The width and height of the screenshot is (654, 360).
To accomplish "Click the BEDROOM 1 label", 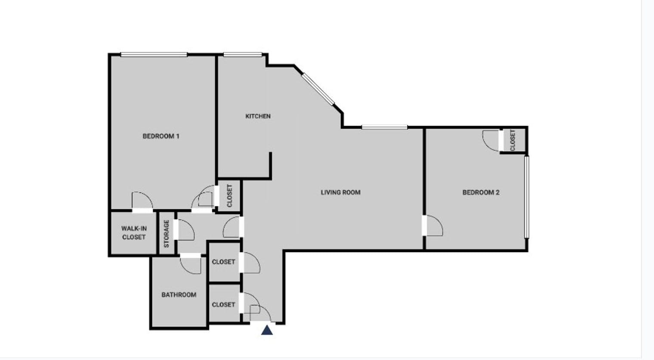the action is click(161, 136).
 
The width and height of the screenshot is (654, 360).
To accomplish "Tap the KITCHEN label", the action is click(258, 116).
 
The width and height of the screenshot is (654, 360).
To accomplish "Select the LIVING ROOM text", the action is click(340, 192).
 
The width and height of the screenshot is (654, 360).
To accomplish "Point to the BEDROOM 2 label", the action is click(481, 192).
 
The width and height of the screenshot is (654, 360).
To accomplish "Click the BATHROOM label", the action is click(179, 295).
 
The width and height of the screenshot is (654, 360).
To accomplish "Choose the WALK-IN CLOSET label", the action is click(134, 233).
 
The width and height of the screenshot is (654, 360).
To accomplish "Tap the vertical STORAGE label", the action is click(167, 234).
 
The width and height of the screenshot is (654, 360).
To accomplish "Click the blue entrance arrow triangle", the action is click(267, 330).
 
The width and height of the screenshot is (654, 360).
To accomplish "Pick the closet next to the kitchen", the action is click(229, 196).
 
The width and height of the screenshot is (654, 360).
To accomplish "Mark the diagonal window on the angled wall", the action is click(318, 89).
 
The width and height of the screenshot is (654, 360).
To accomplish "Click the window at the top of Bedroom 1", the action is click(154, 55).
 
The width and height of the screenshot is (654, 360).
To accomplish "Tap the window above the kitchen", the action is click(243, 55).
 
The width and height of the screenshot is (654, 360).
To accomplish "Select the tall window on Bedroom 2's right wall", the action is click(526, 197).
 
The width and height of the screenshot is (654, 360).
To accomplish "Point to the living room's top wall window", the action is click(385, 127).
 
